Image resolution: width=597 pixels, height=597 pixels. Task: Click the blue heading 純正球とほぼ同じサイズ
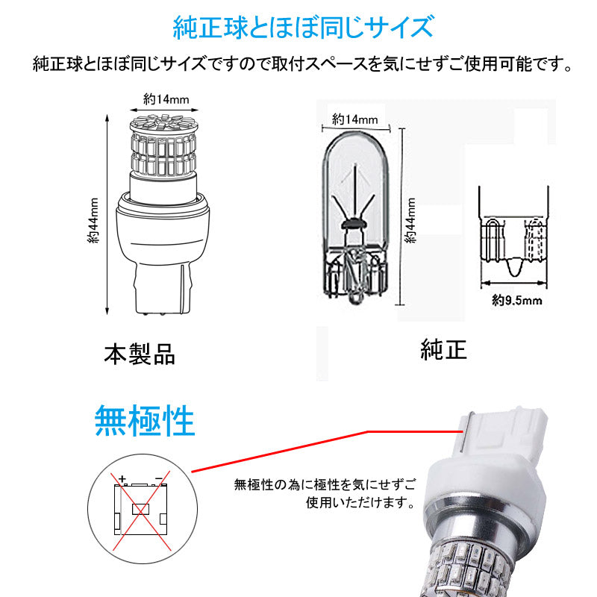[302, 28]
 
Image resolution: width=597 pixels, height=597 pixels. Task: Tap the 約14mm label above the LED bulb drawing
[162, 98]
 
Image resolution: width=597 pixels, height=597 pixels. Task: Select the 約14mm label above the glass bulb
[354, 119]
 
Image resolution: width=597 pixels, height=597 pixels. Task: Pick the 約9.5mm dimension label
[516, 301]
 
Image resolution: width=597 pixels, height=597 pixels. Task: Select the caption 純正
[443, 348]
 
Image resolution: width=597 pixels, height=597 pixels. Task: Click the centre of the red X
[140, 509]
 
